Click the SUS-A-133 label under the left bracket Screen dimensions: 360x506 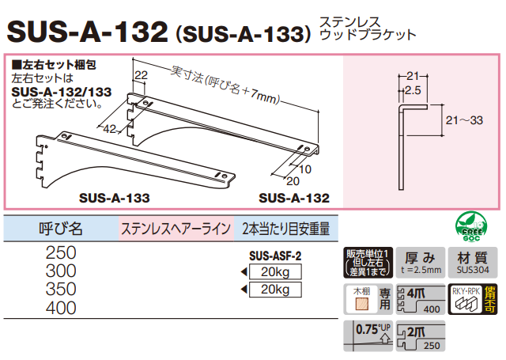click(x=115, y=198)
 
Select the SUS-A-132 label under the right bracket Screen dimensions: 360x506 click(x=293, y=198)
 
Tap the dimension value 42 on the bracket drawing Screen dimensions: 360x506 click(x=111, y=127)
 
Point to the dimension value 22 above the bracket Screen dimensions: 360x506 click(x=142, y=75)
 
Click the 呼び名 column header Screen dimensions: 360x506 click(x=60, y=229)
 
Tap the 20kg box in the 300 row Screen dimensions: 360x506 click(x=275, y=273)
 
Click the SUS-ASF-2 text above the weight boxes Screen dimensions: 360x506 click(x=275, y=256)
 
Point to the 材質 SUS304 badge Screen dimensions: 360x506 click(x=473, y=262)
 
